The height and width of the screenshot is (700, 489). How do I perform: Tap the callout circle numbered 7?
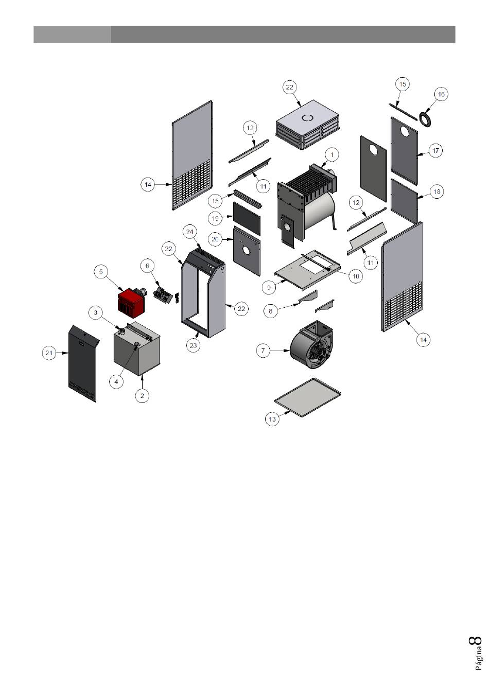263,351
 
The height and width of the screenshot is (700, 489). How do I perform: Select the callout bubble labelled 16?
441,94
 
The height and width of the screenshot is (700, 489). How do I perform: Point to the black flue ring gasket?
425,120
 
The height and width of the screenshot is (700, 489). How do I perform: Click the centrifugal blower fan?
311,344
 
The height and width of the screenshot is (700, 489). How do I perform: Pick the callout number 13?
272,419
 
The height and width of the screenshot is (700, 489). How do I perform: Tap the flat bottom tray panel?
307,397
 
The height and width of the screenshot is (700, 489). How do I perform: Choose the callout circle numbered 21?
49,353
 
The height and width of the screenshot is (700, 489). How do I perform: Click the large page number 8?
475,640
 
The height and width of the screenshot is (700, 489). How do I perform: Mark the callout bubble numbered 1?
332,154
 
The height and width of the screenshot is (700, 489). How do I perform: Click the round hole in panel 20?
247,250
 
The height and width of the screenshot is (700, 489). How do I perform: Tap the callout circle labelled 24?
189,232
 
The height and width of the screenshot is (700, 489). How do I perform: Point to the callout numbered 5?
100,272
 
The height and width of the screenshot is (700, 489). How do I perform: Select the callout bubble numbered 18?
436,191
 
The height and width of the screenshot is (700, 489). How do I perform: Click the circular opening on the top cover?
307,118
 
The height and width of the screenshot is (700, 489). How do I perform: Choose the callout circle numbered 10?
356,276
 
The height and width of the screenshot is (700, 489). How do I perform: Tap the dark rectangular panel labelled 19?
247,218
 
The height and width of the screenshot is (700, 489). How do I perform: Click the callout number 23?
193,345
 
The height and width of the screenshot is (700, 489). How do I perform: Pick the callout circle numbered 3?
96,312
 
